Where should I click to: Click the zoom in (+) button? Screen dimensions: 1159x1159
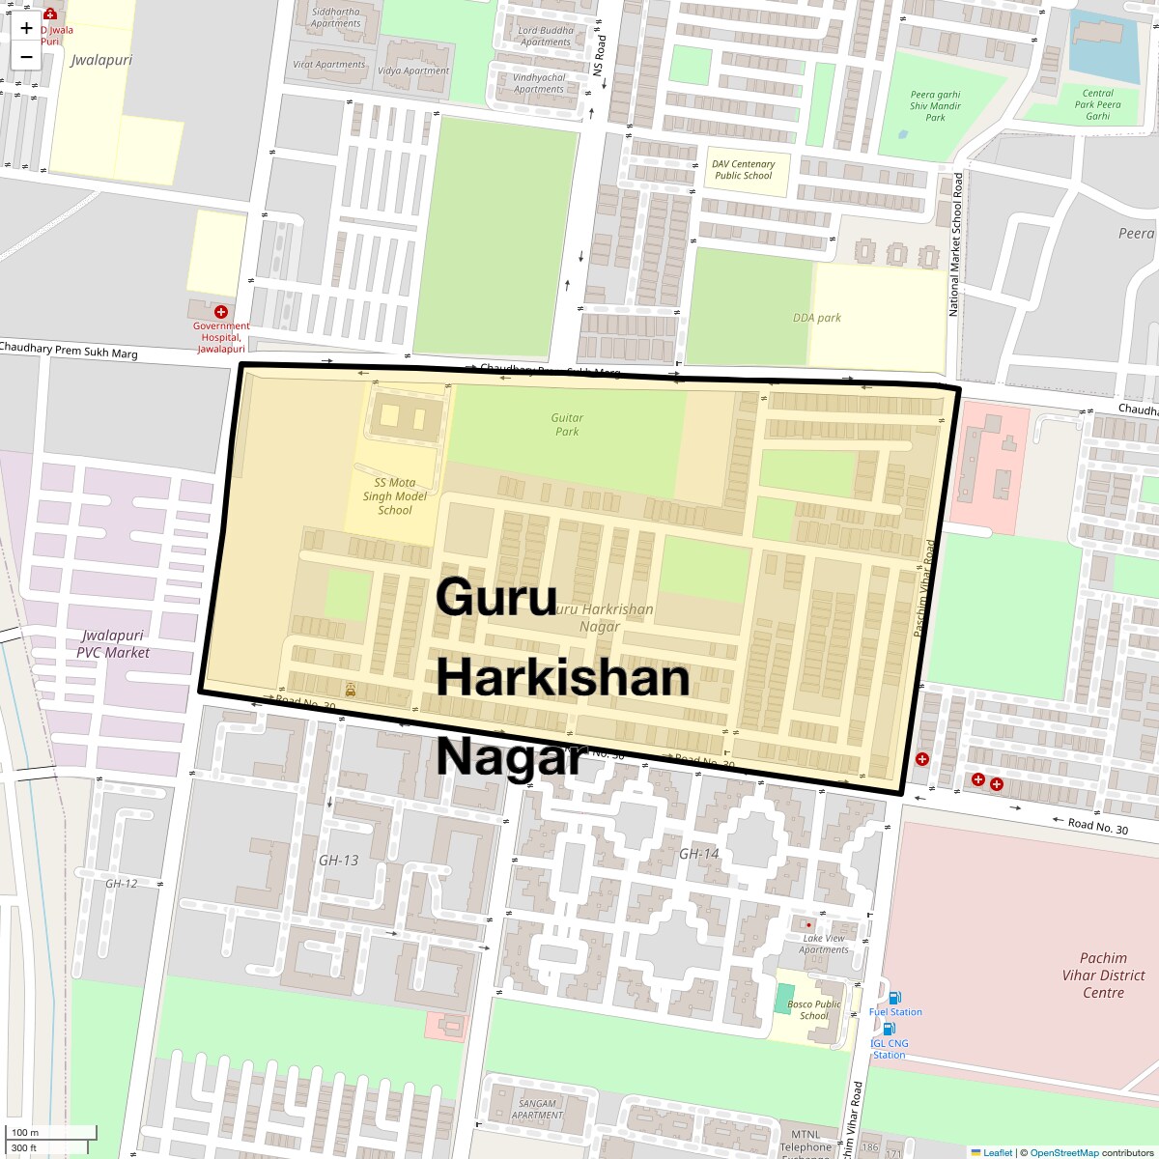coord(26,28)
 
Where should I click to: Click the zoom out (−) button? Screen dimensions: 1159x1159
coord(26,57)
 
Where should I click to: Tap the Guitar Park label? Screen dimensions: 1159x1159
coord(567,425)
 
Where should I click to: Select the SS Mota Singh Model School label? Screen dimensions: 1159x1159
coord(394,496)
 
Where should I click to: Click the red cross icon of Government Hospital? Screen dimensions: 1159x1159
coord(221,312)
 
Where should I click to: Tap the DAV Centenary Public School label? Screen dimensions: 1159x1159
coord(744,170)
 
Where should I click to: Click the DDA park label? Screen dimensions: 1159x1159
coord(817,318)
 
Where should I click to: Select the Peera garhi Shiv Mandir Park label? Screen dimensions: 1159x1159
coord(935,106)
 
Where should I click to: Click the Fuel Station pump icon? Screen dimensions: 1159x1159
coord(894,998)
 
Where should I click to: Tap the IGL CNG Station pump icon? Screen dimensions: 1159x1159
coord(889,1030)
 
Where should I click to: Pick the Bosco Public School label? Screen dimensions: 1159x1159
coord(813,1010)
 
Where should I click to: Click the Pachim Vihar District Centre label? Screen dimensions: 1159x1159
coord(1103,975)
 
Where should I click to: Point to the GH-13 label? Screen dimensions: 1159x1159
coord(338,860)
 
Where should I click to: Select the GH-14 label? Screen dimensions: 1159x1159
coord(698,854)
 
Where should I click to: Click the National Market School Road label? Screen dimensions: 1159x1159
coord(955,244)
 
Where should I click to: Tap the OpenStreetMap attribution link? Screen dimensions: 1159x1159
coord(1063,1152)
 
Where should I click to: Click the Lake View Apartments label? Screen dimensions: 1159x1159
coord(823,944)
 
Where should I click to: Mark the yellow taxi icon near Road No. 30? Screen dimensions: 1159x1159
coord(350,690)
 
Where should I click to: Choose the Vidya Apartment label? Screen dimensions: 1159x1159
coord(413,71)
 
